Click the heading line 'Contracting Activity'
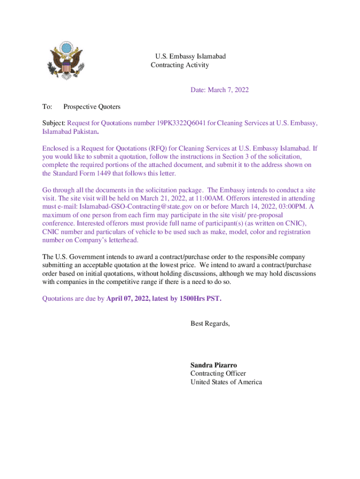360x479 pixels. click(180, 65)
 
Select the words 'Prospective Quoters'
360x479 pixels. click(92, 107)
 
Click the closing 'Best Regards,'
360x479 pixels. click(210, 323)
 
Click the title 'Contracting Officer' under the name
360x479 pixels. click(218, 373)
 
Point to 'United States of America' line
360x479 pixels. click(226, 382)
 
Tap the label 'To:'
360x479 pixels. click(47, 107)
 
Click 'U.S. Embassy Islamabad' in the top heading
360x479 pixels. click(190, 57)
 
